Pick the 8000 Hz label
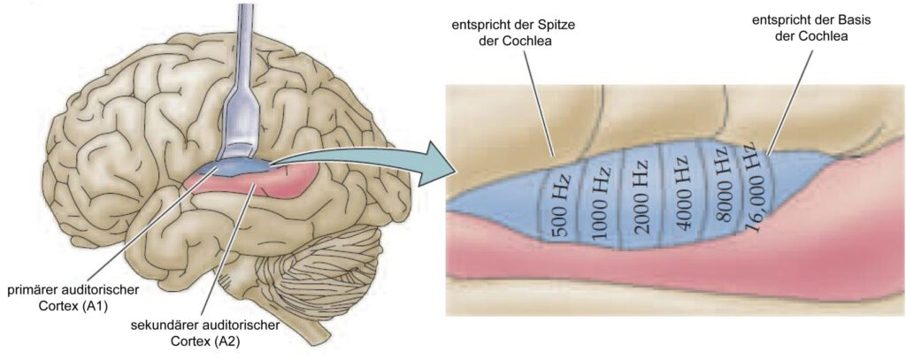[725, 189]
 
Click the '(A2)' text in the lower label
[227, 341]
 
